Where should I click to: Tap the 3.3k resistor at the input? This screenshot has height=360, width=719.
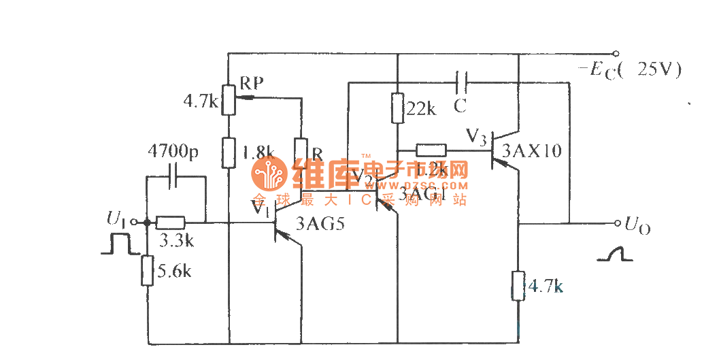170,222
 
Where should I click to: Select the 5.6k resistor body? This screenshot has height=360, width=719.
147,270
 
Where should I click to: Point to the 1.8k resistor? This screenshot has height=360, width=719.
228,152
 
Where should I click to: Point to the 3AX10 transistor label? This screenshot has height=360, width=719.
531,151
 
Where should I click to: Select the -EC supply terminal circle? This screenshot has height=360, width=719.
616,54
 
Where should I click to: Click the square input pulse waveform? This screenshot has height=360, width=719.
116,244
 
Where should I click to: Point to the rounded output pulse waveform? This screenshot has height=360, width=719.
614,254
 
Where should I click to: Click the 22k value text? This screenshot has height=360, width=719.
422,109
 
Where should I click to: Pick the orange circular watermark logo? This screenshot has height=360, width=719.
269,174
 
